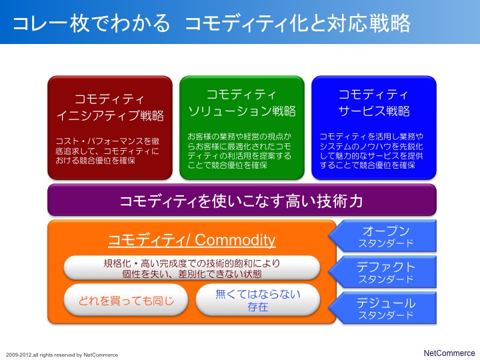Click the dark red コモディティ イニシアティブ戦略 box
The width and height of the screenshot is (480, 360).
[110, 127]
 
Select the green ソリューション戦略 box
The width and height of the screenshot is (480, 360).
[242, 127]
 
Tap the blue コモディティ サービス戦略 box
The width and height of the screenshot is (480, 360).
[374, 127]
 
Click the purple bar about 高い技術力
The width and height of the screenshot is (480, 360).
[242, 200]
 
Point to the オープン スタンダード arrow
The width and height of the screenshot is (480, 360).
[383, 236]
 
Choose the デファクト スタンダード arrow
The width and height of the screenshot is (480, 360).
[383, 272]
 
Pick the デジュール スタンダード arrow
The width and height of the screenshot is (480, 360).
[383, 308]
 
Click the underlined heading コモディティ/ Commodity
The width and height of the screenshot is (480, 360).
[192, 240]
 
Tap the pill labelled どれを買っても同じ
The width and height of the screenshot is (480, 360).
[126, 300]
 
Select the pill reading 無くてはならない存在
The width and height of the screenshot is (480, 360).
[258, 300]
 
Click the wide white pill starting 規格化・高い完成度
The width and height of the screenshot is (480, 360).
[192, 268]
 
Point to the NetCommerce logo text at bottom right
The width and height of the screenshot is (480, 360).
[449, 353]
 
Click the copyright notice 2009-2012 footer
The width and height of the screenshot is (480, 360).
[62, 355]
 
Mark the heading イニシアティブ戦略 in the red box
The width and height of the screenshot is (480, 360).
[110, 116]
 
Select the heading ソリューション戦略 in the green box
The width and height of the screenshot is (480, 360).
[242, 111]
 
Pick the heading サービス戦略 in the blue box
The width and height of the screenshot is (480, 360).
[374, 111]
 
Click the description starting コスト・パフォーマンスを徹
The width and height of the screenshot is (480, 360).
[107, 151]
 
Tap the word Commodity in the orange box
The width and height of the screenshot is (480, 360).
[235, 240]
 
